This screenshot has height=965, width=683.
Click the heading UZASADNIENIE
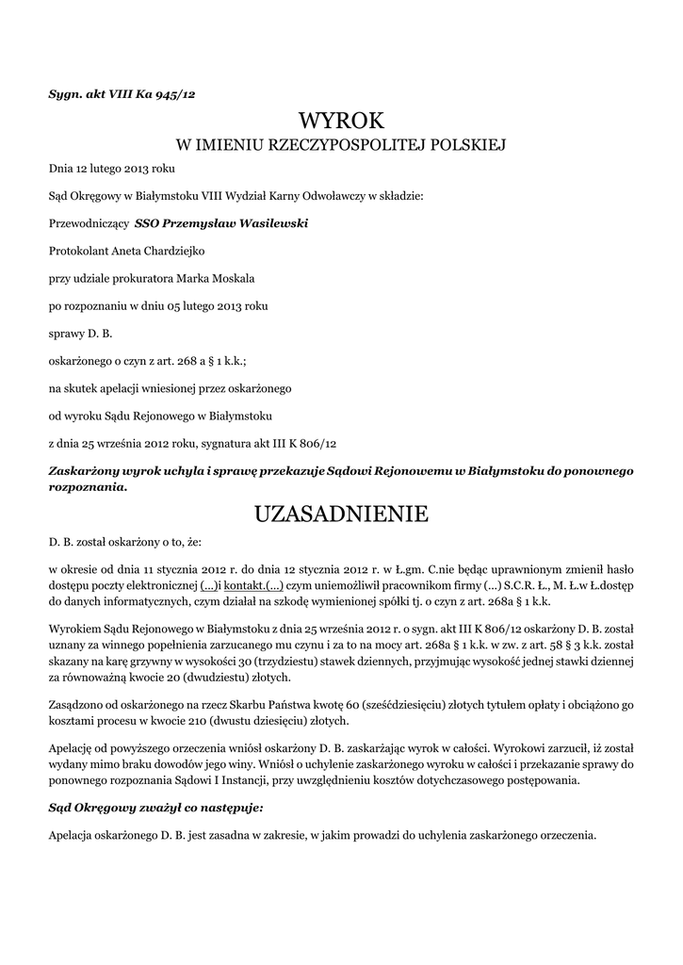(x=341, y=514)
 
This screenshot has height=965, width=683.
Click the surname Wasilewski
(x=268, y=224)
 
